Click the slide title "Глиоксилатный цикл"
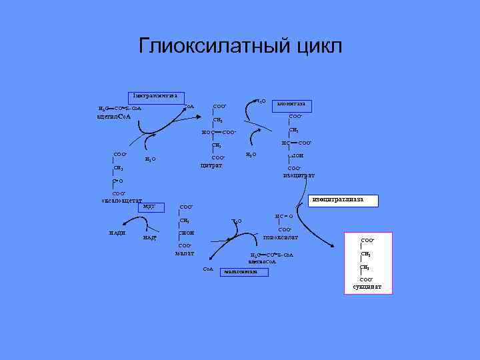(x=240, y=46)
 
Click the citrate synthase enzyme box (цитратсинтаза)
(x=155, y=96)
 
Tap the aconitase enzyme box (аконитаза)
(x=292, y=105)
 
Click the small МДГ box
(x=149, y=206)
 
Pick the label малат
(x=184, y=253)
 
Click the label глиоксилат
(x=281, y=237)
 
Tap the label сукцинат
(x=367, y=287)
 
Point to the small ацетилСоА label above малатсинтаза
(x=262, y=261)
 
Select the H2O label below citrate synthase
(x=151, y=159)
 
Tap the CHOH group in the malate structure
(x=187, y=233)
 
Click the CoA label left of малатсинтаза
(x=207, y=269)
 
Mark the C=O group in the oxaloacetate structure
(x=117, y=181)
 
